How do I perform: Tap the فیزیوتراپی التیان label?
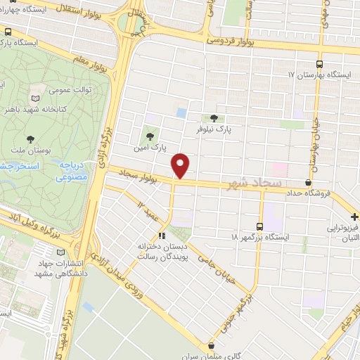tap(342, 233)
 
